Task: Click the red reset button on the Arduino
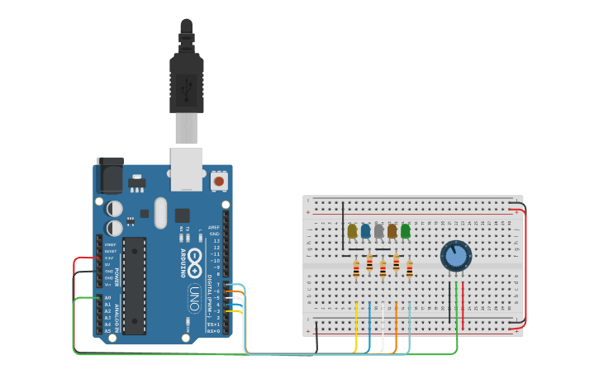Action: coord(219,180)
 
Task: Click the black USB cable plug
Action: coord(187,78)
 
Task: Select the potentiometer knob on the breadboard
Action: coord(455,255)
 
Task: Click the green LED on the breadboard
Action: coord(405,231)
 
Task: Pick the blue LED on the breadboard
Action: coord(365,231)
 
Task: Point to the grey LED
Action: coord(378,231)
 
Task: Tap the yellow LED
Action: coord(352,231)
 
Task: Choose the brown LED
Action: coord(392,231)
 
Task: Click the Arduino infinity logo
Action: coord(195,258)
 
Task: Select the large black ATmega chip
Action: coord(135,286)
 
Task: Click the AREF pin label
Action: coord(214,227)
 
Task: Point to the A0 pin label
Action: coord(107,297)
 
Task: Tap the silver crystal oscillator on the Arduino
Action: coord(160,212)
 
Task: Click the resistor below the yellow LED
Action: coord(356,268)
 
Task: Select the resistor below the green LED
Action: coord(409,269)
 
